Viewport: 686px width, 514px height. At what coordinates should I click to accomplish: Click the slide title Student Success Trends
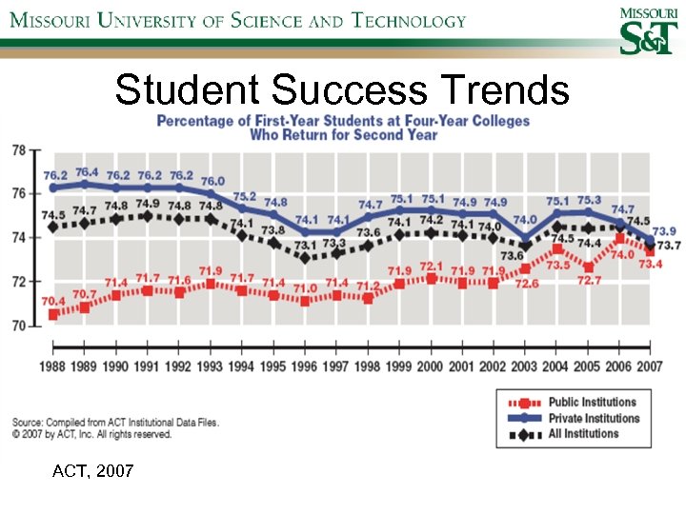coord(342,90)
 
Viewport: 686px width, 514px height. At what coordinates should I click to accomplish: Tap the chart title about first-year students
coord(343,128)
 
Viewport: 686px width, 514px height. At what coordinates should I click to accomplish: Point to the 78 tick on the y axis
coord(19,150)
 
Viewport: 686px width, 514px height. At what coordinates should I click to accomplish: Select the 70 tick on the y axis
coord(19,326)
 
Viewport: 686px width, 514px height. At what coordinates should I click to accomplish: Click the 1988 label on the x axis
coord(54,366)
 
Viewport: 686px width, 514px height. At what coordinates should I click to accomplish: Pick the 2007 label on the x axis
coord(650,366)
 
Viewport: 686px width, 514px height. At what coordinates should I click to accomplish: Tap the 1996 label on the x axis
coord(305,366)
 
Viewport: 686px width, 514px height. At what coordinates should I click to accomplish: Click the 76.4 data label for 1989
coord(87,171)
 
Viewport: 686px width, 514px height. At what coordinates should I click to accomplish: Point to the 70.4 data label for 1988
coord(54,301)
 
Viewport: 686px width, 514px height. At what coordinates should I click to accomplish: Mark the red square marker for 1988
coord(54,314)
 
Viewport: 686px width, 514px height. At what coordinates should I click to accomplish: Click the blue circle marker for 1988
coord(54,188)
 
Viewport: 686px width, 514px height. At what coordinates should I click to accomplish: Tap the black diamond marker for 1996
coord(305,257)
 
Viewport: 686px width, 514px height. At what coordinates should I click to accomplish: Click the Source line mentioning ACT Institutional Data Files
coord(114,423)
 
